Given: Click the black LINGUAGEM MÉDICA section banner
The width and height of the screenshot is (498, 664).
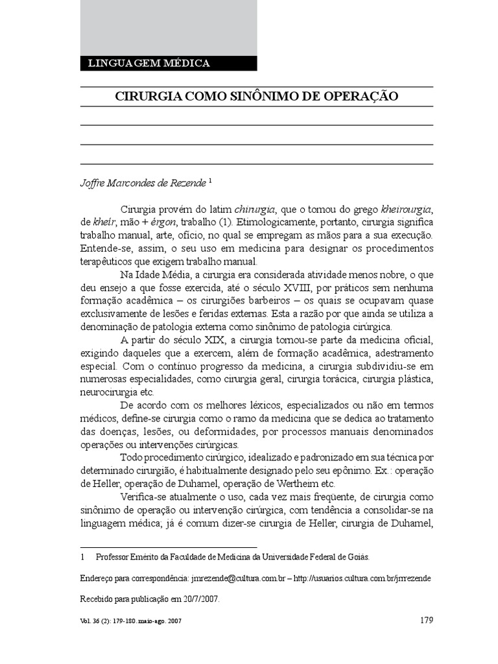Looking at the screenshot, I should (168, 64).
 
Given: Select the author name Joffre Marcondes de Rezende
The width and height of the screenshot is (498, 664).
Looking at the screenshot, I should (142, 184).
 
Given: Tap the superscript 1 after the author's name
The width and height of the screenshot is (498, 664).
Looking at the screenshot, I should (211, 182).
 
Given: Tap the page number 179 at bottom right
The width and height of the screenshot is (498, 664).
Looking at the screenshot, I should (426, 621).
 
